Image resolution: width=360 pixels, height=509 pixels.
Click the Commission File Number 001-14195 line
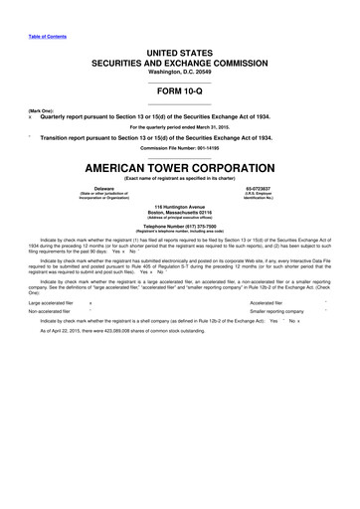click(x=180, y=148)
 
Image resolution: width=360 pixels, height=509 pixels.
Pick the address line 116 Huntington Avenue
click(x=180, y=208)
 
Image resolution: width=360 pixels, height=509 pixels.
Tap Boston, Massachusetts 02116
click(x=180, y=214)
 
